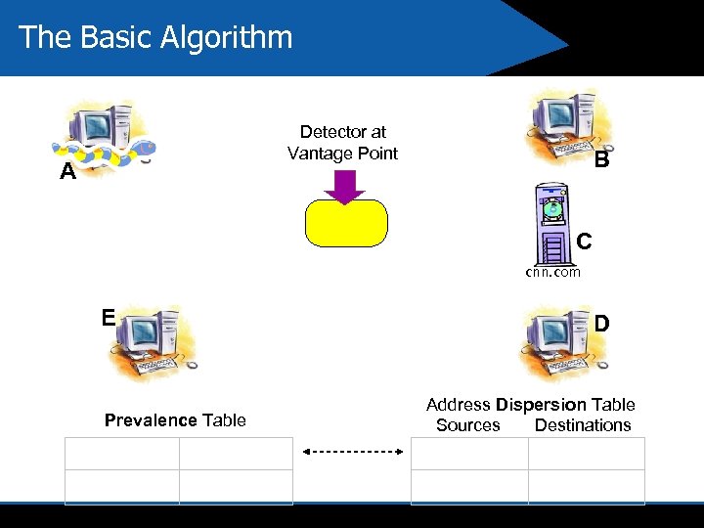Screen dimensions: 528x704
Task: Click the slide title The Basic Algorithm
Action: coord(155,37)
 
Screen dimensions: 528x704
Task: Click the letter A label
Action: coord(67,173)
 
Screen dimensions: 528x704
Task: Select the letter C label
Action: coord(584,241)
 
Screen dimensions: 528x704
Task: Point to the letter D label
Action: coord(602,323)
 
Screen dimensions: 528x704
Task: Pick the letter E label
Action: coord(109,317)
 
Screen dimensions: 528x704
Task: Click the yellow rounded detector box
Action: coord(346,222)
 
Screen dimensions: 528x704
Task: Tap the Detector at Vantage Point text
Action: coord(343,143)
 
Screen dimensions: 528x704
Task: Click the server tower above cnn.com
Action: coord(552,224)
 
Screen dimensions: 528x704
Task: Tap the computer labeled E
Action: coord(152,342)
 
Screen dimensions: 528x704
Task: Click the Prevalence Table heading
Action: coord(175,420)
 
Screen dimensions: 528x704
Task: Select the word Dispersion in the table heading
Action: coord(541,405)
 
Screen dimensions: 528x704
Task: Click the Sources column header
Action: coord(467,425)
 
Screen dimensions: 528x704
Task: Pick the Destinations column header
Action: coord(583,425)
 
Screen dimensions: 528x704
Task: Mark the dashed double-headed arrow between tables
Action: coord(352,452)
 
